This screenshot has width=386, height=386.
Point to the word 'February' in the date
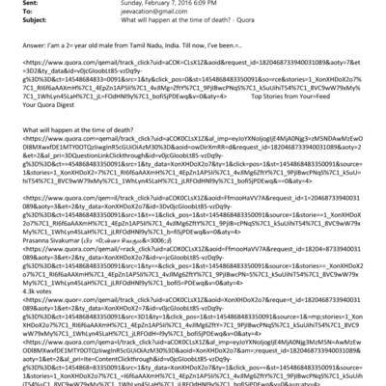tap(161, 5)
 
